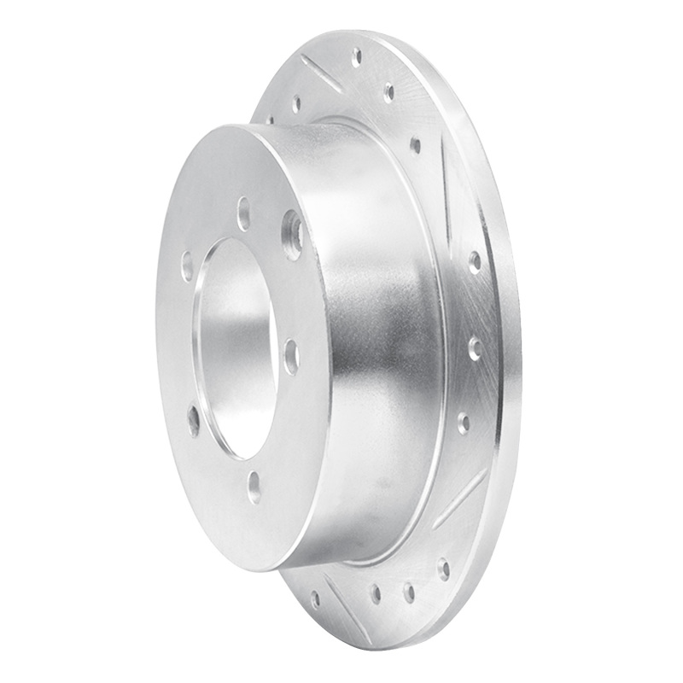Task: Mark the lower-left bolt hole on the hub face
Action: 194,421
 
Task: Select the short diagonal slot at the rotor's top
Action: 321,73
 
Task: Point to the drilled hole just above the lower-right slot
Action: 463,423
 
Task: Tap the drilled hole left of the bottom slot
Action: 314,598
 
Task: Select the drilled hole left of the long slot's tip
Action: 415,145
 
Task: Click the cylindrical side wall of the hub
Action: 376,341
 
